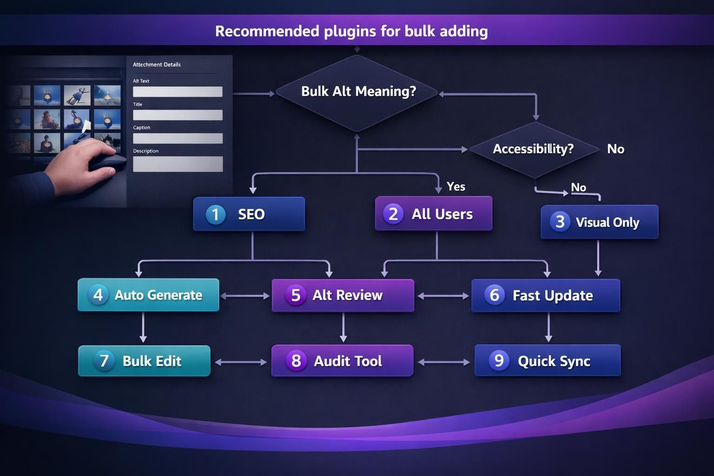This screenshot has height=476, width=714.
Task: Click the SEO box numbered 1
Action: pyautogui.click(x=249, y=214)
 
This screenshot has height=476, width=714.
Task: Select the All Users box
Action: pyautogui.click(x=433, y=214)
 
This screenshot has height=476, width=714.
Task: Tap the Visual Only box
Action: pyautogui.click(x=599, y=222)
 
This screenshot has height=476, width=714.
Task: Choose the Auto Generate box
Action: pyautogui.click(x=148, y=295)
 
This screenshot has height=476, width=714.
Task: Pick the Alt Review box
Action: pyautogui.click(x=343, y=295)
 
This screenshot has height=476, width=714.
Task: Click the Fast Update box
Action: pyautogui.click(x=545, y=295)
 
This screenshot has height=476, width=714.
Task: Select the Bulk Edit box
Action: pyautogui.click(x=144, y=361)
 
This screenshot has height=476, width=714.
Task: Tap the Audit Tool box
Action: pyautogui.click(x=342, y=361)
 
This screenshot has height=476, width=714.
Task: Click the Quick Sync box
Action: pyautogui.click(x=547, y=361)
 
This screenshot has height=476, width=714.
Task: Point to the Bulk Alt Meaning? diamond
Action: pyautogui.click(x=357, y=92)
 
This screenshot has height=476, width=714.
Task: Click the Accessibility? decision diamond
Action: pyautogui.click(x=534, y=149)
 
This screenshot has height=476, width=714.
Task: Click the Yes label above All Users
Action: pyautogui.click(x=456, y=186)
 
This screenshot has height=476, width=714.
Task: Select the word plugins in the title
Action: pyautogui.click(x=349, y=31)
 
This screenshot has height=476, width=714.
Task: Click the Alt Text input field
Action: pyautogui.click(x=178, y=92)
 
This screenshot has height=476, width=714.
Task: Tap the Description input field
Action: pyautogui.click(x=178, y=164)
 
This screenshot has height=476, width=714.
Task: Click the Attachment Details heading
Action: pyautogui.click(x=157, y=65)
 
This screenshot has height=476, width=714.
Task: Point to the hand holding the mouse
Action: pyautogui.click(x=84, y=163)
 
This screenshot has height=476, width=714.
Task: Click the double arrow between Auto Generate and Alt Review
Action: pyautogui.click(x=245, y=296)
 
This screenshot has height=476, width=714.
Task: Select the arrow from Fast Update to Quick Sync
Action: pyautogui.click(x=549, y=327)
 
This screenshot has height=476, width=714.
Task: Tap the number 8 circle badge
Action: pyautogui.click(x=296, y=361)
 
